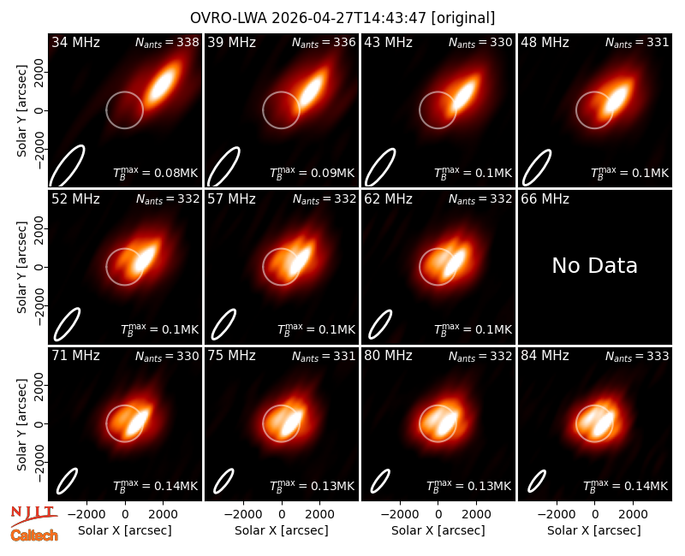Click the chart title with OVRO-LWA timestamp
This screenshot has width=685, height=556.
pos(342,18)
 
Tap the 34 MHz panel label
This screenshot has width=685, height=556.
pos(75,42)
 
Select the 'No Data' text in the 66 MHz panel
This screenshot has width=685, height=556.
pos(594,265)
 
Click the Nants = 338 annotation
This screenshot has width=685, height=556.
pos(167,42)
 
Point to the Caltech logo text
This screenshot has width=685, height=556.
pos(34,535)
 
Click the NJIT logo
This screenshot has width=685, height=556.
pos(33,515)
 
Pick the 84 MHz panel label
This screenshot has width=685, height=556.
pos(545,356)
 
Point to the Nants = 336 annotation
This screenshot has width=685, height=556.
pos(324,42)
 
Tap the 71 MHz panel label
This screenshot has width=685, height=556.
pos(75,356)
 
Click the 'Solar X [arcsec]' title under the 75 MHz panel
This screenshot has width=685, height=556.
pos(282,530)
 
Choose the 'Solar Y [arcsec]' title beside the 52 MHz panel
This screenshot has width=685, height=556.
pos(21,267)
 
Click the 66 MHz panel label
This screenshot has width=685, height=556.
pos(545,199)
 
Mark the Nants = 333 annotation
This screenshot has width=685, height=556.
pos(637,356)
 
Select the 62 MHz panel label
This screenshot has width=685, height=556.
pos(388,199)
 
